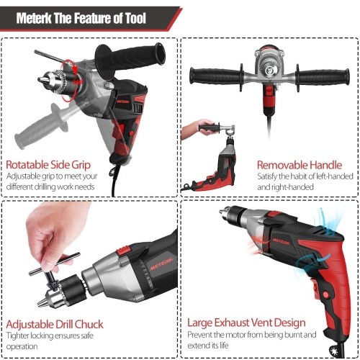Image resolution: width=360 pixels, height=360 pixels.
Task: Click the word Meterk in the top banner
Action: [34, 18]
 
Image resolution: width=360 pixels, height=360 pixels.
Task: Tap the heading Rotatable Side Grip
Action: [48, 165]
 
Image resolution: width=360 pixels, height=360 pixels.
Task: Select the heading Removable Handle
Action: [300, 165]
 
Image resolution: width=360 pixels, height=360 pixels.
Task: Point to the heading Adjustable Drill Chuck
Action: [55, 324]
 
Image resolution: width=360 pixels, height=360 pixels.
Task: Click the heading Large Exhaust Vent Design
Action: [246, 323]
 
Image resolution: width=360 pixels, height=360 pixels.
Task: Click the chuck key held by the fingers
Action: [54, 269]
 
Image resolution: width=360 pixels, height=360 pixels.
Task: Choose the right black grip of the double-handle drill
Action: [323, 77]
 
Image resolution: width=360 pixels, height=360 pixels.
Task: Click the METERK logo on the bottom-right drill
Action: [281, 241]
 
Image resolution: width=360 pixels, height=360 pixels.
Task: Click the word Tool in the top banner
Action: [135, 18]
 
